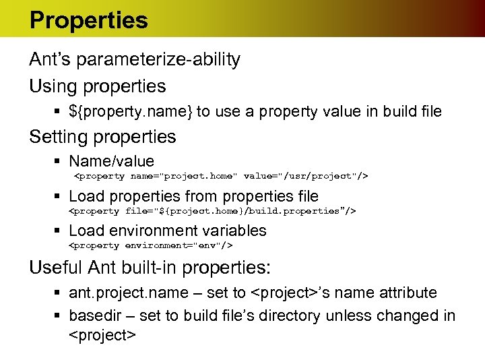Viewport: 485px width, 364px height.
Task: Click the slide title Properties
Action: [x=88, y=20]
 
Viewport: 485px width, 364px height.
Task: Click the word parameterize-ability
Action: [x=159, y=60]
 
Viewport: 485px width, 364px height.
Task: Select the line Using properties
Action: [x=97, y=86]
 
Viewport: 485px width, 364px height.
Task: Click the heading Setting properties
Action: [x=102, y=137]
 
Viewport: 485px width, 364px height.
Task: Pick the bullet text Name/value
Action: [x=111, y=162]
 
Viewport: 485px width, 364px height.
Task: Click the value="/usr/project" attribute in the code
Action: [x=306, y=176]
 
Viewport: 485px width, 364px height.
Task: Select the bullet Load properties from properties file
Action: [x=193, y=196]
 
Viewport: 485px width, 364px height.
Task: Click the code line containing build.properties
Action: [x=213, y=211]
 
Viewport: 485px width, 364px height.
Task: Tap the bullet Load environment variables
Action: [x=168, y=231]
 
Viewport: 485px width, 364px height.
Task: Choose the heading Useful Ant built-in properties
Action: [x=150, y=268]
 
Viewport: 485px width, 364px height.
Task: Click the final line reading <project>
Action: [x=103, y=335]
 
